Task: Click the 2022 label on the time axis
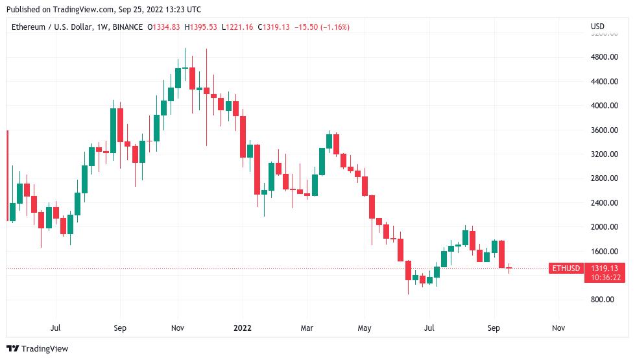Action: (243, 328)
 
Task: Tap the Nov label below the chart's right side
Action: (557, 328)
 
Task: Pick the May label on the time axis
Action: (365, 328)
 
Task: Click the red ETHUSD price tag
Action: (565, 269)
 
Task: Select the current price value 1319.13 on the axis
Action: (605, 268)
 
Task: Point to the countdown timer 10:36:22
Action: (605, 278)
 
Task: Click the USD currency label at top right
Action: (597, 27)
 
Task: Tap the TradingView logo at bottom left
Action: (37, 349)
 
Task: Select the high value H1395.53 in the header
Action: (201, 27)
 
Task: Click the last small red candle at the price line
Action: (509, 268)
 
